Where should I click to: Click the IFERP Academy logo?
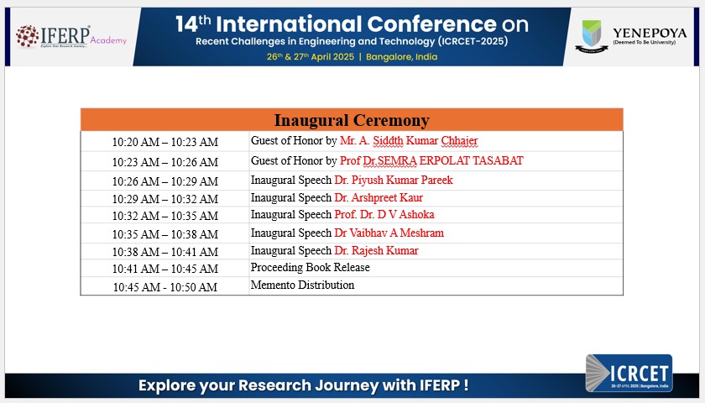point(71,36)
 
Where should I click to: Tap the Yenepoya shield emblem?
point(592,36)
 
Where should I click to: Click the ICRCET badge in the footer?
point(629,373)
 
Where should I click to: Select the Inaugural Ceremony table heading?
point(352,120)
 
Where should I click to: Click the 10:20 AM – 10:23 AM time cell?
point(165,142)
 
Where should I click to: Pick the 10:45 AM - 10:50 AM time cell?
point(165,287)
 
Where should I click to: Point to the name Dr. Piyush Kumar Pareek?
point(394,180)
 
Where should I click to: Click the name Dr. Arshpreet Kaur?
point(379,197)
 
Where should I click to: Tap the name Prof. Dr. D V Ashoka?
point(384,214)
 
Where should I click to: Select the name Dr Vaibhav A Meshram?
point(389,233)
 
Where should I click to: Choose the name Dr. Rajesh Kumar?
point(376,250)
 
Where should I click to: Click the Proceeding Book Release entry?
point(311,267)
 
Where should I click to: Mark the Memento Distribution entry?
point(302,285)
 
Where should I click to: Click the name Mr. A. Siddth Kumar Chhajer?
point(409,141)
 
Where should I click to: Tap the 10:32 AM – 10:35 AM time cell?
point(165,216)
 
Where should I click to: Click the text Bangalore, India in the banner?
point(401,57)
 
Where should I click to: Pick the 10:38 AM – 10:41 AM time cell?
point(165,252)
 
